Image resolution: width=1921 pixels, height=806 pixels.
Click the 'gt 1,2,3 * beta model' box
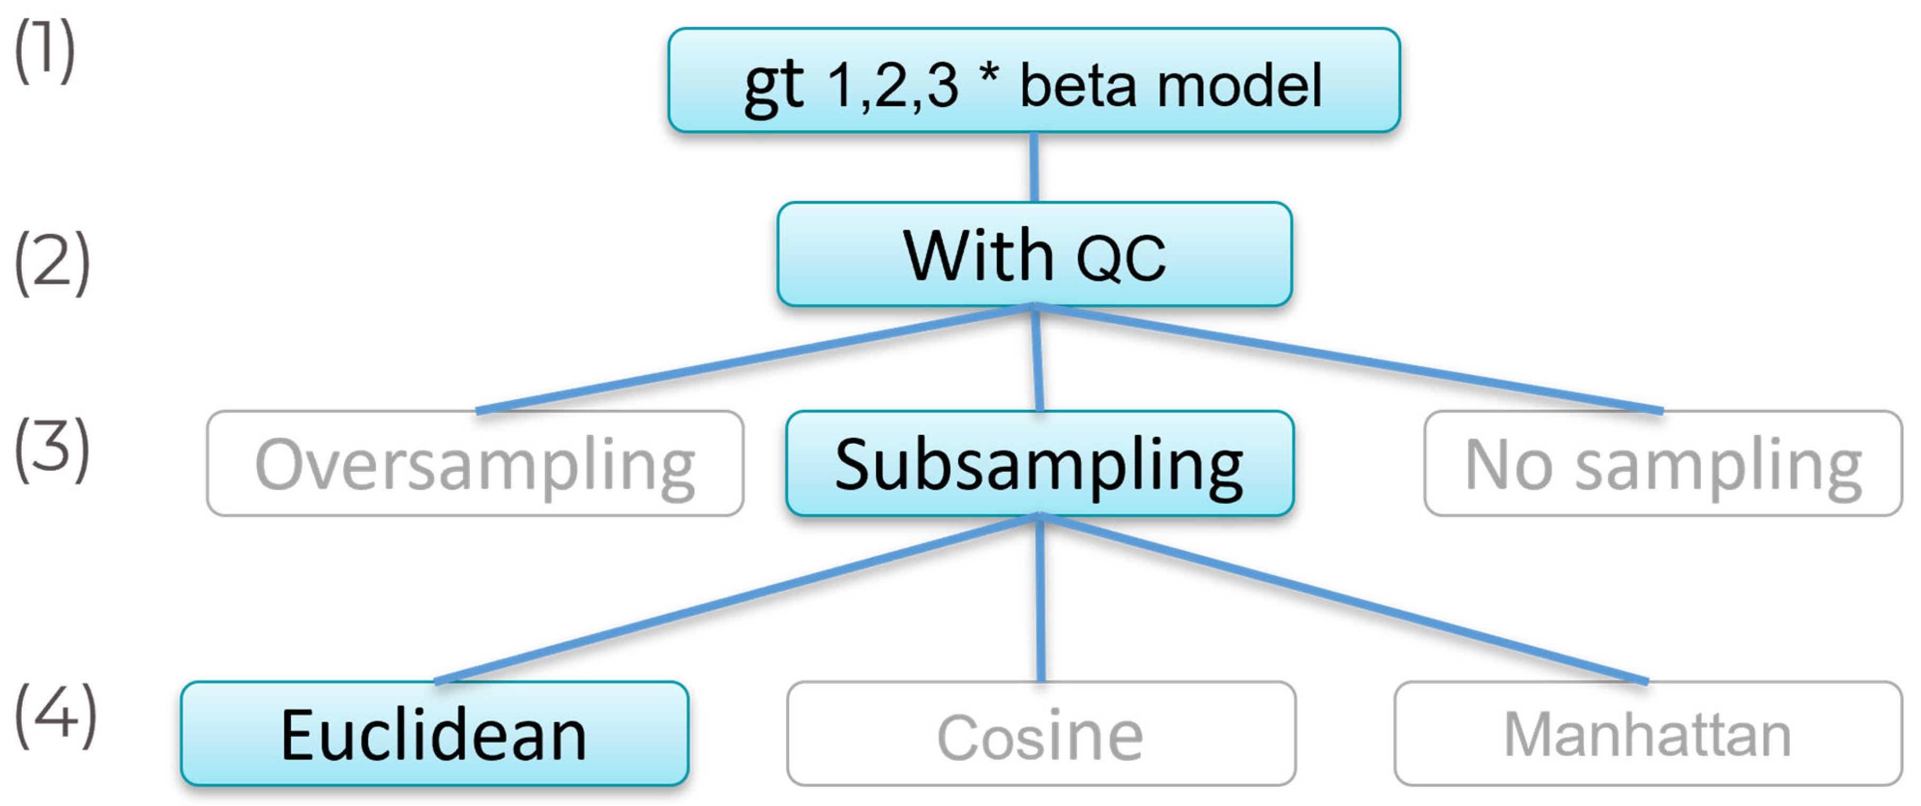[1034, 81]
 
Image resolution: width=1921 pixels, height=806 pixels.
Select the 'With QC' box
[1034, 254]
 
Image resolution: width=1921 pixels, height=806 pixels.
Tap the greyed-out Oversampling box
[475, 463]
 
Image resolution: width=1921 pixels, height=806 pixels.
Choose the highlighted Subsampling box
[1040, 463]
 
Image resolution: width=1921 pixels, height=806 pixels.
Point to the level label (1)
[45, 51]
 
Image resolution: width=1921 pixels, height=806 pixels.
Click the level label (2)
[51, 262]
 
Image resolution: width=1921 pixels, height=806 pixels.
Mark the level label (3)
[51, 450]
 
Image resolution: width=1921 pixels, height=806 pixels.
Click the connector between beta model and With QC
[1034, 167]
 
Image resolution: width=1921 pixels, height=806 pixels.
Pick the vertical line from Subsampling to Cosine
[1040, 599]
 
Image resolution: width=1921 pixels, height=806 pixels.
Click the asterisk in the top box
[989, 75]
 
